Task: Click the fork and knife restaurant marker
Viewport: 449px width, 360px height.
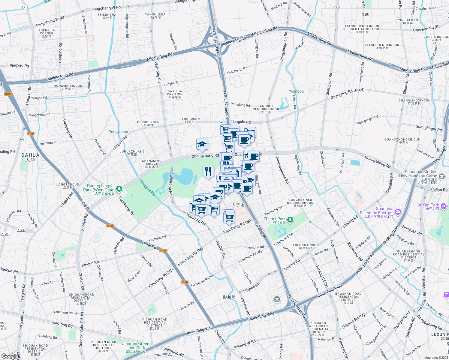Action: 208,171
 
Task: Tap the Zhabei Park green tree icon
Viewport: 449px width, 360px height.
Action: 290,220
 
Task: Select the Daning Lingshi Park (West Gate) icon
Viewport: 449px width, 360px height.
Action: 119,189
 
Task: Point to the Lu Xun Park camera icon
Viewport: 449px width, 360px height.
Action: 444,206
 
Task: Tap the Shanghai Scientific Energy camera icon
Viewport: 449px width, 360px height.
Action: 398,212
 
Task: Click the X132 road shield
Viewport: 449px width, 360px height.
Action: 26,7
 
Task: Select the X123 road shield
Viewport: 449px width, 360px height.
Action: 337,7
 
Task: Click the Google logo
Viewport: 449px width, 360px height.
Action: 10,356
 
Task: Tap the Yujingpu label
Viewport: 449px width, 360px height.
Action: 296,91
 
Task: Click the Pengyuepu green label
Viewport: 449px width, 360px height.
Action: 118,132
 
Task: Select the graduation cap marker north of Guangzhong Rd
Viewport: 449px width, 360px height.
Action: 202,145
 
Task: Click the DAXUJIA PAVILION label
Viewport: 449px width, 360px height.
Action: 175,94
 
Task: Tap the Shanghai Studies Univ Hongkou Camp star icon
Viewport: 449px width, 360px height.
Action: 441,176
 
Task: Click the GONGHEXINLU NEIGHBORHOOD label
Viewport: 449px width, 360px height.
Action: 300,203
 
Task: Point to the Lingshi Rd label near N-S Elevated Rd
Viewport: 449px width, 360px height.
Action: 241,122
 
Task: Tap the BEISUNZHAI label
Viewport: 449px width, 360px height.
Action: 107,16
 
